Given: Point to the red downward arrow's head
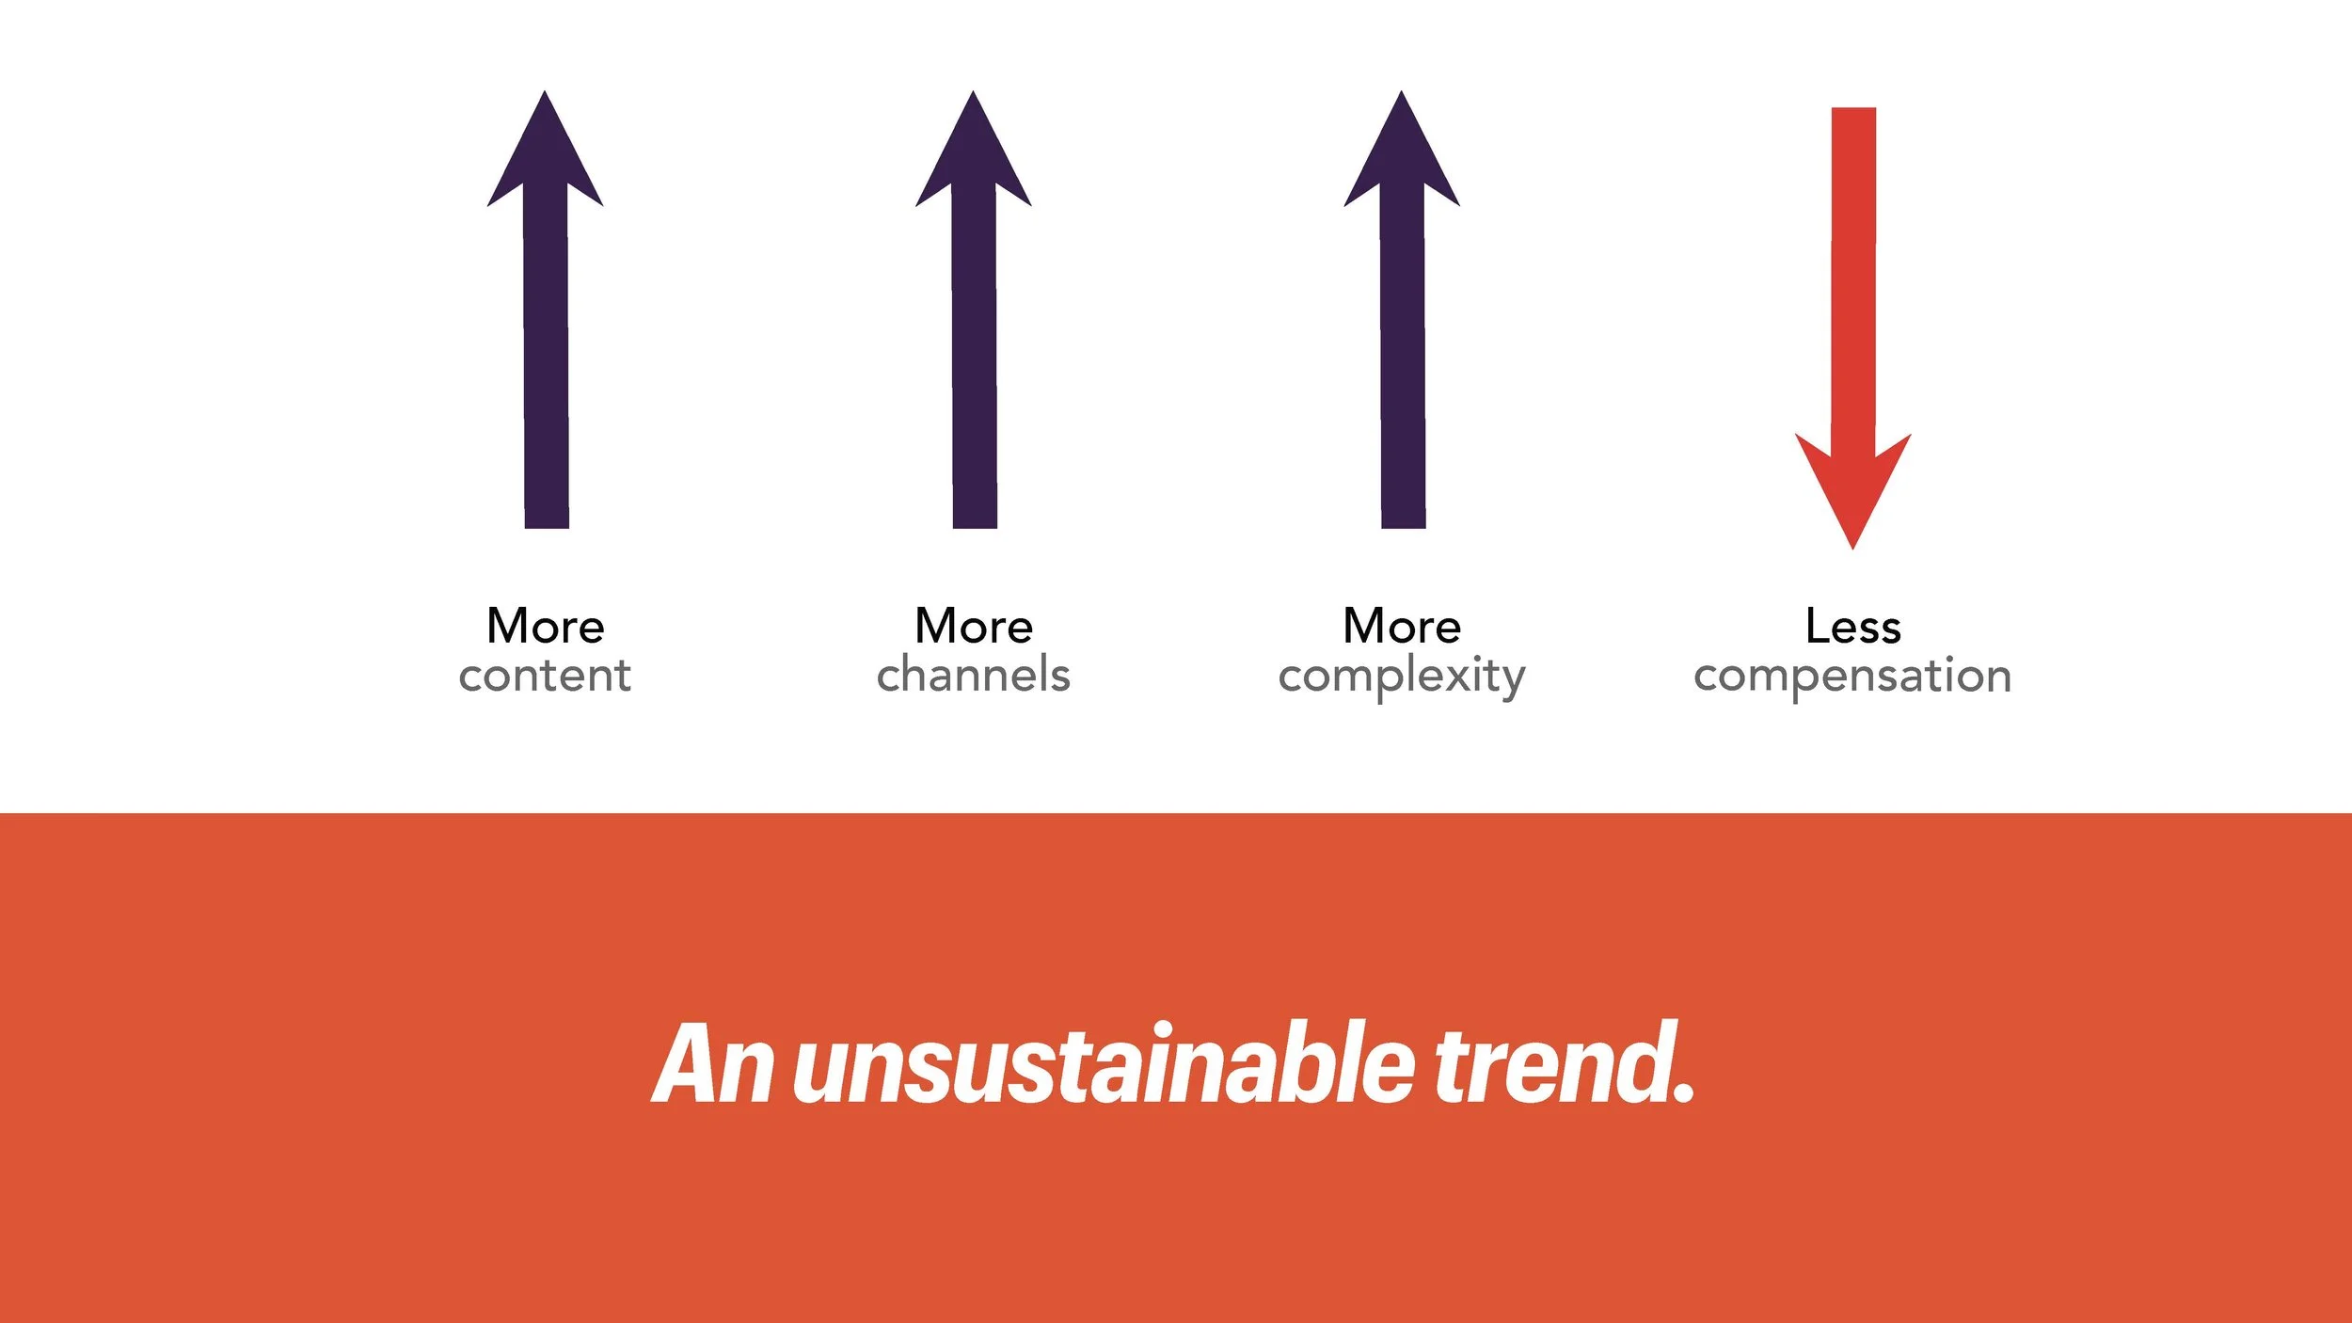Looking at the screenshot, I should [1852, 489].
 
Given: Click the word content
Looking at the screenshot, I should [545, 676].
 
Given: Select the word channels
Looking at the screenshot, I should [974, 676].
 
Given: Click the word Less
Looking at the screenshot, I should [1853, 627].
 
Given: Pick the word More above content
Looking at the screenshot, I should [546, 627].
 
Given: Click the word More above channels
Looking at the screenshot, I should [974, 627].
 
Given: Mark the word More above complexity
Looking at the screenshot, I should [1402, 627].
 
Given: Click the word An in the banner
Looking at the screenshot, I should [713, 1064].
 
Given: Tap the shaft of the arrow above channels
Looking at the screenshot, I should [975, 358].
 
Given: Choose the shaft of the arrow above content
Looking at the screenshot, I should [546, 358].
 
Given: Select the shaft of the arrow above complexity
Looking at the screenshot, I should [1403, 358].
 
